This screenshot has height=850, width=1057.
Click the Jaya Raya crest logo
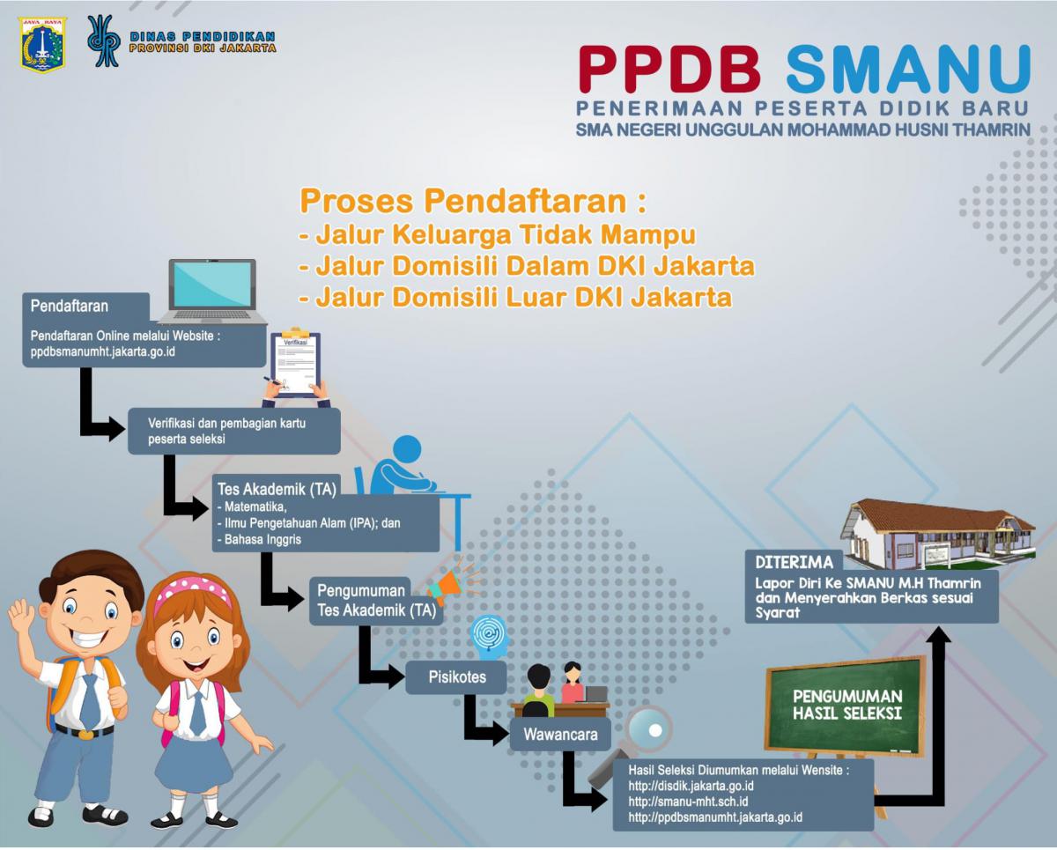(42, 45)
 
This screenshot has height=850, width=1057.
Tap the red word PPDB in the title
(670, 70)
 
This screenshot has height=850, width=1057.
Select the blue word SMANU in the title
(907, 70)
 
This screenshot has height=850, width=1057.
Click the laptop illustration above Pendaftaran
(212, 292)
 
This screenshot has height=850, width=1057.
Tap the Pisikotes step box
(455, 677)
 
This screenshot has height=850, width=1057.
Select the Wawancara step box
(560, 735)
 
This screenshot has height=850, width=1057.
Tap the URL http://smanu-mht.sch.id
(688, 802)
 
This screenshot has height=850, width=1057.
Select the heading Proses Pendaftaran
(472, 201)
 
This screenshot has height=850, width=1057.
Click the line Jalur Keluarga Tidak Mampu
(497, 234)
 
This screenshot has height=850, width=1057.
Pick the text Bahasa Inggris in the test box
(262, 539)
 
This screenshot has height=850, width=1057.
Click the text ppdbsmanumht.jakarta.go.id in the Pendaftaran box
(103, 351)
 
